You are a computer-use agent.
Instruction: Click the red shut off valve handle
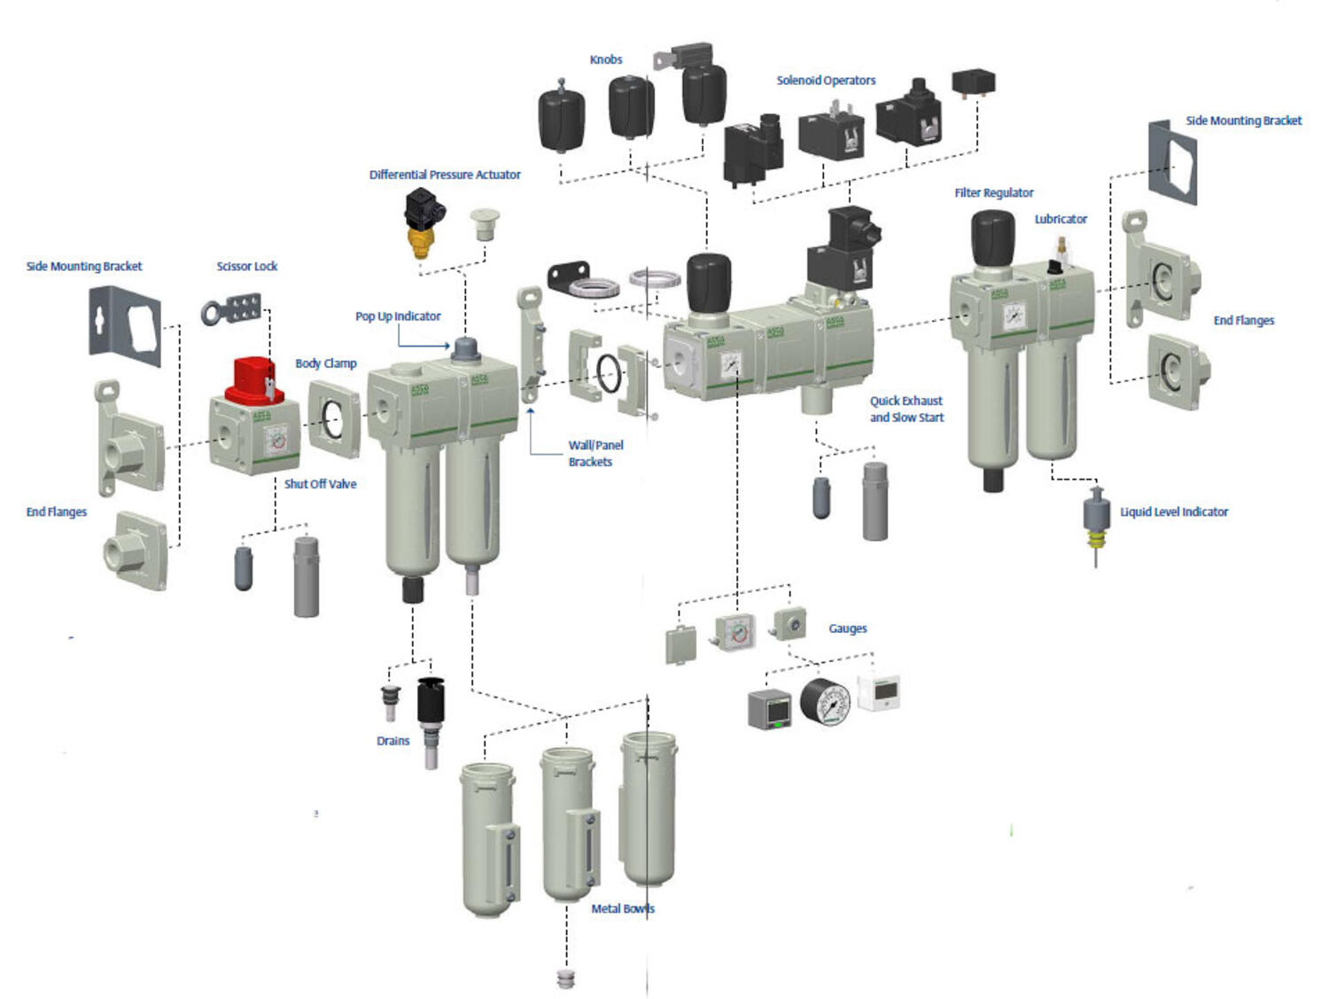point(254,381)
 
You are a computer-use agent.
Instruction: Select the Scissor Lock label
point(247,266)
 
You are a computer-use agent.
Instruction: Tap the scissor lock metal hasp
point(232,310)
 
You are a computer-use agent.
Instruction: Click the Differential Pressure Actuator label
point(445,175)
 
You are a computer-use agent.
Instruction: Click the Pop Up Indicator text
point(398,316)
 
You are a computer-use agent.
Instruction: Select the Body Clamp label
point(326,363)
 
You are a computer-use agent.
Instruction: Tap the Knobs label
point(606,59)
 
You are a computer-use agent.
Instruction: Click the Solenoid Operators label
point(826,81)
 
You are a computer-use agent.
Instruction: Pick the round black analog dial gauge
point(825,702)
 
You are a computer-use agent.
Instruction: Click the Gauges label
point(848,628)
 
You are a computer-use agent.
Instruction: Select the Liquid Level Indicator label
point(1174,511)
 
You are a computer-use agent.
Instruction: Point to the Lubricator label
point(1061,219)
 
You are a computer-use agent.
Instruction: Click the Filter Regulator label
point(994,192)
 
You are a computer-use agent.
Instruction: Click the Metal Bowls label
point(623,909)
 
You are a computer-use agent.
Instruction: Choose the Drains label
point(393,741)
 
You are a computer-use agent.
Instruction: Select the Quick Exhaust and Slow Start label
point(906,409)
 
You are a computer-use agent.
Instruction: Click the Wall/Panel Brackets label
point(595,453)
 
